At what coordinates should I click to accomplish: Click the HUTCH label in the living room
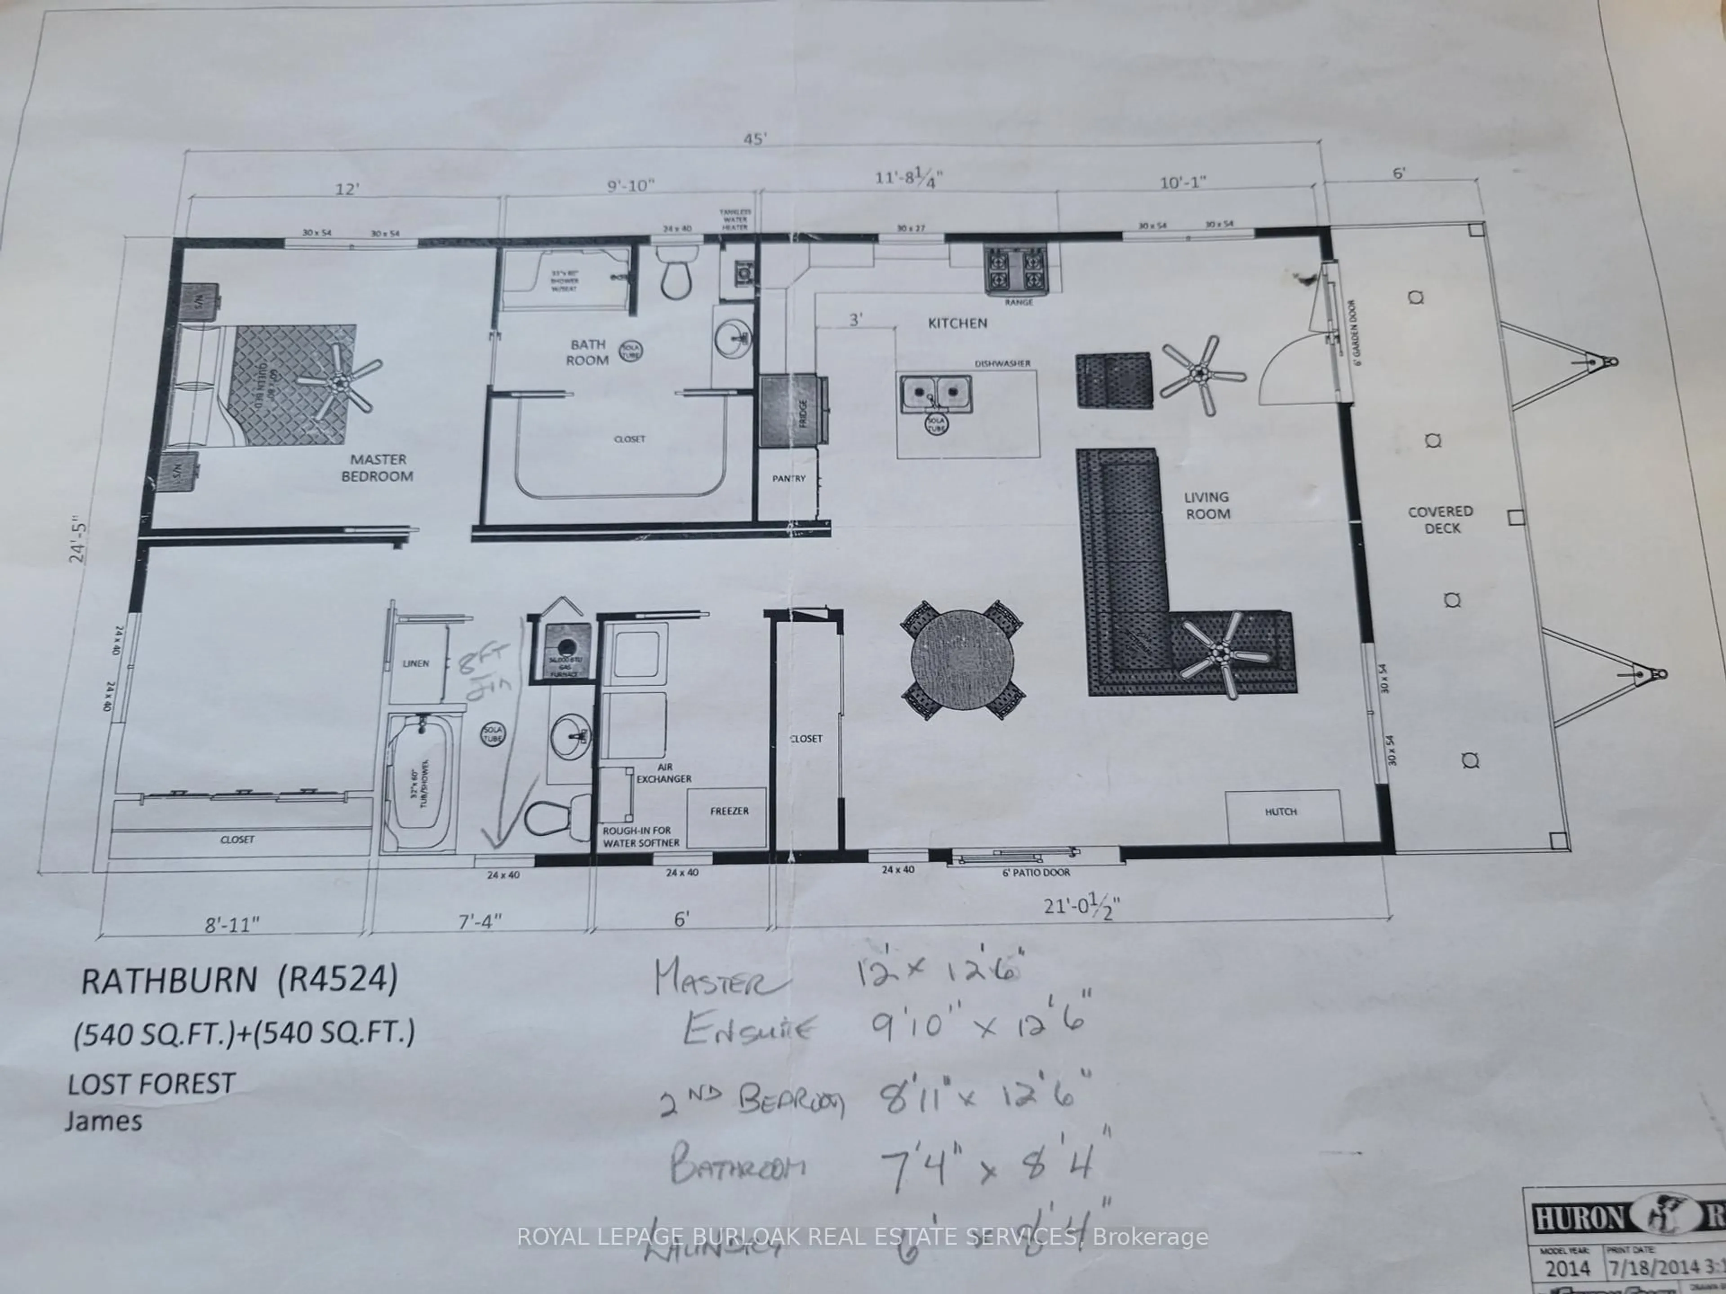(1281, 812)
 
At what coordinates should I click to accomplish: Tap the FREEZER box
(729, 811)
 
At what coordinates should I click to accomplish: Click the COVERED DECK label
(1441, 519)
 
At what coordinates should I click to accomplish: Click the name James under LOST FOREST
(104, 1121)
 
